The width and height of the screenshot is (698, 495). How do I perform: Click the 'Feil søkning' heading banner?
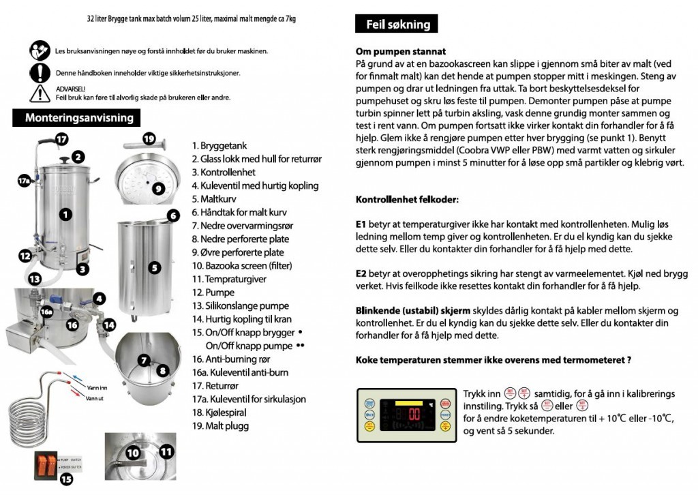(x=397, y=25)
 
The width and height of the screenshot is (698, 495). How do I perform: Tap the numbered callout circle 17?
(x=61, y=139)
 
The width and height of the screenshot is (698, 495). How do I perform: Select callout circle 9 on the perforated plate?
(x=157, y=188)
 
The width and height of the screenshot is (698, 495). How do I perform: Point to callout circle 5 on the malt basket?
(x=155, y=267)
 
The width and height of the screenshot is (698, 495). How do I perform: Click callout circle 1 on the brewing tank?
(x=65, y=215)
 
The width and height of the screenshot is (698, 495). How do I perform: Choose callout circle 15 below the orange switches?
(x=66, y=479)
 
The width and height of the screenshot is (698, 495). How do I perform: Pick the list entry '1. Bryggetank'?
(x=220, y=146)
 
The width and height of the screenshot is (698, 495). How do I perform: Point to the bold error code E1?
(x=361, y=224)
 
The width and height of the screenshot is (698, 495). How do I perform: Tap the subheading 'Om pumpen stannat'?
(x=401, y=52)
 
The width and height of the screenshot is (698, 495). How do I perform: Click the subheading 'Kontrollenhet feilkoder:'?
(x=407, y=200)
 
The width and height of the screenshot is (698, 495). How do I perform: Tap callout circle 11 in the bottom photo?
(x=166, y=451)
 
